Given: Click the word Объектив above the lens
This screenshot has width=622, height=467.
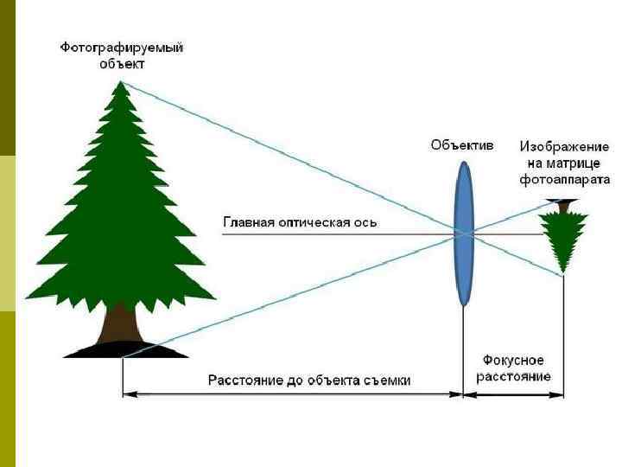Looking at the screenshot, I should (462, 145).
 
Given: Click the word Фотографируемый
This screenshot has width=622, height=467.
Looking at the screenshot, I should (122, 48).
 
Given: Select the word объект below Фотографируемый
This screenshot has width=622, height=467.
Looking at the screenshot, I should (122, 64).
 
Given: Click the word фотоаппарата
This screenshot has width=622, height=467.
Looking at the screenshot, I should (565, 180).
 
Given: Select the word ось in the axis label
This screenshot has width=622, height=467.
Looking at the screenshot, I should (366, 222).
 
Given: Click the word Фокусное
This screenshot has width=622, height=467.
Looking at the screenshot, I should (513, 360).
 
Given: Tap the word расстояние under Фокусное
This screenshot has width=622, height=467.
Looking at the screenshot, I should (513, 376).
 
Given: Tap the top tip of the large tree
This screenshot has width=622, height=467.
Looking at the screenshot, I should (121, 83).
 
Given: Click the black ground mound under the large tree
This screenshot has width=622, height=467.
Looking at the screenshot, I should (125, 349).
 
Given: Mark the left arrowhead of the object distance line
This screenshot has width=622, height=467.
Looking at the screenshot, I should (126, 394).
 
